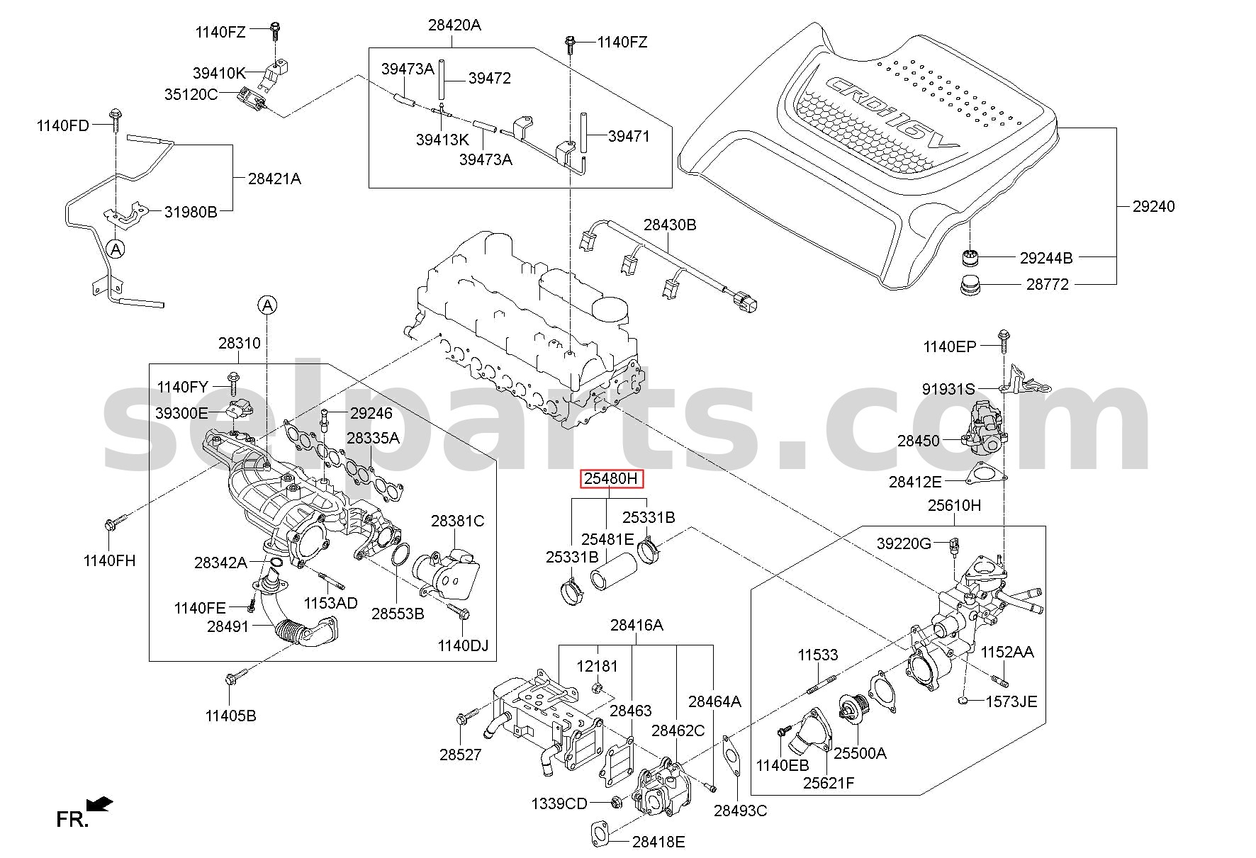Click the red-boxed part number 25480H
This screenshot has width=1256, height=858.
coord(610,479)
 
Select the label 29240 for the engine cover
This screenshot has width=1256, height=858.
coord(1153,206)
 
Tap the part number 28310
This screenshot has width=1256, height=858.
coord(239,343)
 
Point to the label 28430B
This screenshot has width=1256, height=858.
coord(670,225)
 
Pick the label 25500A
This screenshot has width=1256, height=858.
coord(860,753)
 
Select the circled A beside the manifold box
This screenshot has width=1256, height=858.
coord(267,305)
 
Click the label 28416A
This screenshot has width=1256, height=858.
coord(637,625)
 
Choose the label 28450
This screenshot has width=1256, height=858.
coord(919,441)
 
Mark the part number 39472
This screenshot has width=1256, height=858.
coord(489,78)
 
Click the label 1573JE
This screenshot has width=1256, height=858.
coord(1011,701)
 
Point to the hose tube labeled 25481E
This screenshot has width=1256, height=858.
coord(611,572)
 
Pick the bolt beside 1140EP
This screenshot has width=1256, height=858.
coord(1003,341)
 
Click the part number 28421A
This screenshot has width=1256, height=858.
coord(274,179)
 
